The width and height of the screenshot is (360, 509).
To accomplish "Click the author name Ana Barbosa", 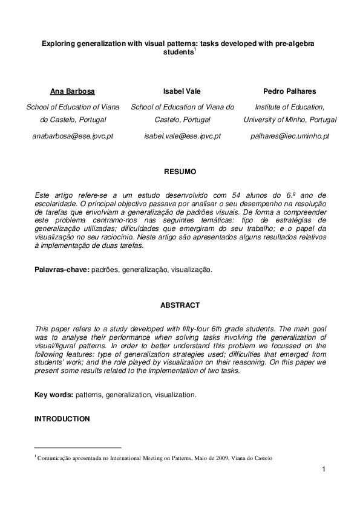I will pyautogui.click(x=73, y=92).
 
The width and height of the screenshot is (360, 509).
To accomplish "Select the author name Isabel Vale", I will pyautogui.click(x=182, y=92).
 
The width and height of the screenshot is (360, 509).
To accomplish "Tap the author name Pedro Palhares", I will pyautogui.click(x=289, y=92).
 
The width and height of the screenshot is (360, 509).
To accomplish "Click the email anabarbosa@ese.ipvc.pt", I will pyautogui.click(x=73, y=137).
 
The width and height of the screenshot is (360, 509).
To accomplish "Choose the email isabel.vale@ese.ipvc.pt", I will pyautogui.click(x=182, y=137).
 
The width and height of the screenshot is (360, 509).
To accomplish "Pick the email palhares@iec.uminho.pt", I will pyautogui.click(x=289, y=137).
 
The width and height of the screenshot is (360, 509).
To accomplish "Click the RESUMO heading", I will pyautogui.click(x=180, y=172).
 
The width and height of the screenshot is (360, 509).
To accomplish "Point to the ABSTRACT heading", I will pyautogui.click(x=180, y=306).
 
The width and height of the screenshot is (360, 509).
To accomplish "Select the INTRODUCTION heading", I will pyautogui.click(x=62, y=418).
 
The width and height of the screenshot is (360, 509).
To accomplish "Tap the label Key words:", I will pyautogui.click(x=54, y=394).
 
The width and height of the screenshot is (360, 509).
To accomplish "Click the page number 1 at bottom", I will pyautogui.click(x=324, y=470).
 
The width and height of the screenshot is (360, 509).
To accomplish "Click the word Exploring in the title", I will pyautogui.click(x=58, y=44).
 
